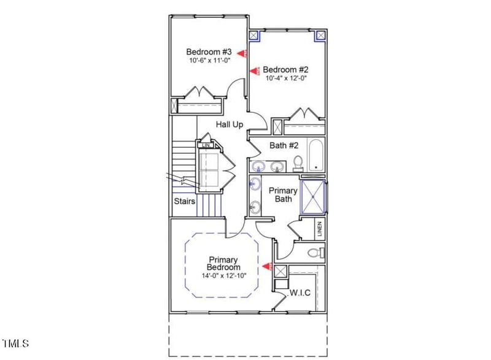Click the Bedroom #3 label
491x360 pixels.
point(209,52)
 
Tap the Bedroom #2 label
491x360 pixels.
point(285,69)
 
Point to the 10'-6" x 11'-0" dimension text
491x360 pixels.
point(209,61)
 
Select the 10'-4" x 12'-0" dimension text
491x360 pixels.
point(286,79)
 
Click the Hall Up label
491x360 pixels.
point(230,124)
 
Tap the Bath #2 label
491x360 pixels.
point(284,145)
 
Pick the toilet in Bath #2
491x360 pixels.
point(298,163)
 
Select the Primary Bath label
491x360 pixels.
point(283,194)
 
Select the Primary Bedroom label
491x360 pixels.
point(223,264)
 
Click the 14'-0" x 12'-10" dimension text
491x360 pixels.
point(223,276)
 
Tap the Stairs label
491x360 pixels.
point(184,201)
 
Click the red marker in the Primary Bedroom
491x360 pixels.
point(266,266)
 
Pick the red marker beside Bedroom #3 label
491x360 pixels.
point(243,54)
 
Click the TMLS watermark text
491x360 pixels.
point(15,343)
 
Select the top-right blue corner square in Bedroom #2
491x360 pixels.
point(320,36)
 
